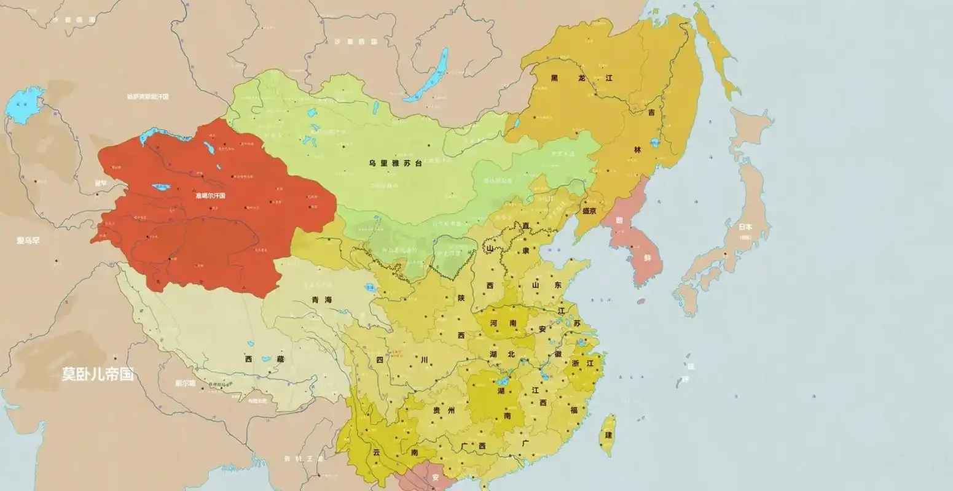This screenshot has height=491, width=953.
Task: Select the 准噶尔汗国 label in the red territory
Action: [210, 196]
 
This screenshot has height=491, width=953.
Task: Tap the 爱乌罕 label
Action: [28, 241]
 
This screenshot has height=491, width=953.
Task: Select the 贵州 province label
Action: [443, 411]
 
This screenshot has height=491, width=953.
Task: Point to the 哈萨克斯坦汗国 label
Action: [147, 96]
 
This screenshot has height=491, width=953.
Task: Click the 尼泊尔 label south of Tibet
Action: [184, 382]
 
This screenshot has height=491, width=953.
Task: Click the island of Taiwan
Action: [607, 433]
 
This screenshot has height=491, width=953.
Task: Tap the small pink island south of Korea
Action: [640, 301]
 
